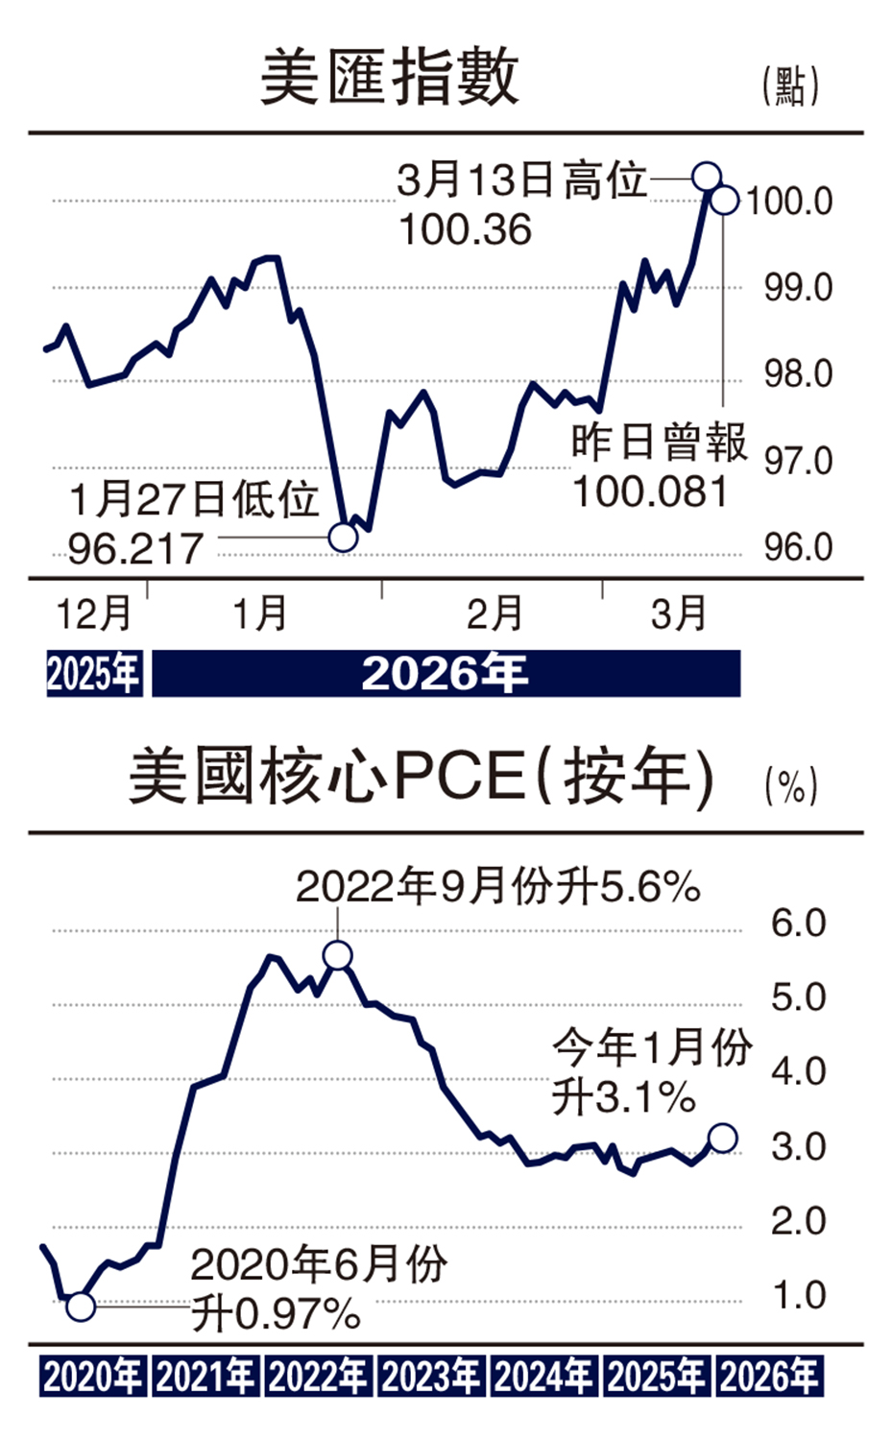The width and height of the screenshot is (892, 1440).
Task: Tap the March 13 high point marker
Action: [x=707, y=177]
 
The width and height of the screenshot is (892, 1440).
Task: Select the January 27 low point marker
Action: [x=343, y=537]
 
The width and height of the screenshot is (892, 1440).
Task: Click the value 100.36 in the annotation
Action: [x=465, y=230]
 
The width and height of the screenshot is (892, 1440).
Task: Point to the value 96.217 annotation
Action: [x=135, y=549]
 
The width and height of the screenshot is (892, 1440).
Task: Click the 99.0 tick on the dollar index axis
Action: [x=798, y=288]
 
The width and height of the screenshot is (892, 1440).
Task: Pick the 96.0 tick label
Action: [x=798, y=547]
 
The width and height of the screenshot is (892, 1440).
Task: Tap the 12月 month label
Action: [x=93, y=613]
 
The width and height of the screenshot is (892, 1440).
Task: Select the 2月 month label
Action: [x=494, y=613]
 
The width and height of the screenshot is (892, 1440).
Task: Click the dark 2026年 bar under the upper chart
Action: [x=446, y=674]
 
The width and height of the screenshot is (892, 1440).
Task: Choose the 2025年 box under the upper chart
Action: [x=94, y=674]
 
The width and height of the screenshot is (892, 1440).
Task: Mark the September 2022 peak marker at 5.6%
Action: [x=338, y=955]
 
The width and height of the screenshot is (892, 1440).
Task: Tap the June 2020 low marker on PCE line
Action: [x=81, y=1306]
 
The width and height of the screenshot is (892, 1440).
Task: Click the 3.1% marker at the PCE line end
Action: [x=722, y=1139]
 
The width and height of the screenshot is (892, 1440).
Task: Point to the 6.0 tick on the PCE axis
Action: [x=798, y=924]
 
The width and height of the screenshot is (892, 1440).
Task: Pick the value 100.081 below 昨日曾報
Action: [x=650, y=492]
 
